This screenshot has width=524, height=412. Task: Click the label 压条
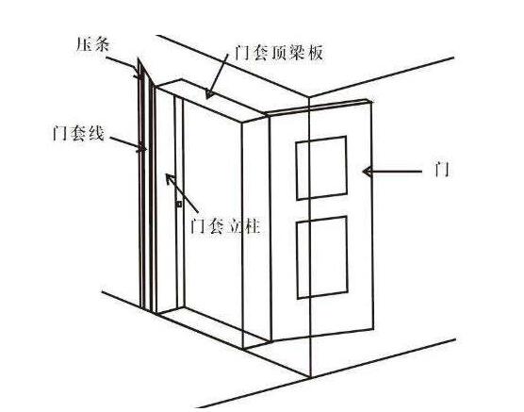[x=93, y=44]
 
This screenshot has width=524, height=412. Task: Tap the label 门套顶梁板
[x=279, y=53]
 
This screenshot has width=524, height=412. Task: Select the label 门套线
[x=78, y=133]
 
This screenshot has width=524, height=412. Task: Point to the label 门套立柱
[x=225, y=226]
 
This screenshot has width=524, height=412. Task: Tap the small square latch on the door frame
[x=179, y=204]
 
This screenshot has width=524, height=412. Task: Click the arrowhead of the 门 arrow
[x=368, y=172]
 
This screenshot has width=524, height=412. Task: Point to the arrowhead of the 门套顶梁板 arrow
[x=209, y=93]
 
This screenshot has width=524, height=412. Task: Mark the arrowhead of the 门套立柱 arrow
[x=170, y=179]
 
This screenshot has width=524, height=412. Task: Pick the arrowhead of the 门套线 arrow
[x=142, y=147]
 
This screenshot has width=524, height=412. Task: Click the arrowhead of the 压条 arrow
[x=138, y=74]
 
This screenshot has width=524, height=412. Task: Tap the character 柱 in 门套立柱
[x=252, y=226]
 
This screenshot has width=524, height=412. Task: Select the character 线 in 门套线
[x=96, y=133]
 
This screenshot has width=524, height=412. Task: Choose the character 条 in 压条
[x=102, y=44]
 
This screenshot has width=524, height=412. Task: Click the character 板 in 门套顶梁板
[x=315, y=53]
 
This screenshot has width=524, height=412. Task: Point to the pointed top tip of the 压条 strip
[x=138, y=58]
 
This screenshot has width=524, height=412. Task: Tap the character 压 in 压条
[x=84, y=44]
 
